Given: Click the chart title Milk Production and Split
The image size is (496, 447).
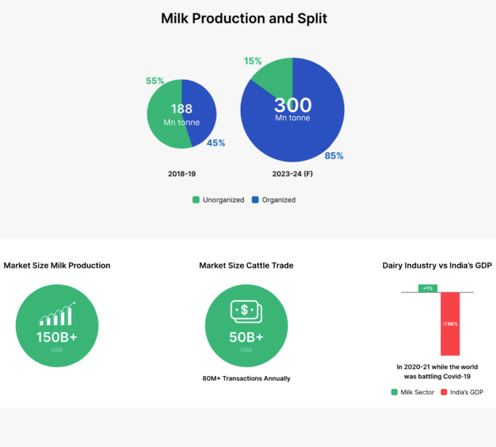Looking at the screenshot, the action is click(x=244, y=19).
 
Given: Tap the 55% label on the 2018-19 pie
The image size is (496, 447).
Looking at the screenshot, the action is click(x=155, y=81).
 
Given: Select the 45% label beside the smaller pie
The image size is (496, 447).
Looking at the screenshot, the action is click(x=216, y=143).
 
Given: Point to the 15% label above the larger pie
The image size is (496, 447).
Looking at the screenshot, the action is click(x=253, y=61).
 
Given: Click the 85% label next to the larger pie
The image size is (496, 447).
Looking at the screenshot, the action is click(x=334, y=156).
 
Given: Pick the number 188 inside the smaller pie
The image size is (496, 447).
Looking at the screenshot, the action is click(x=181, y=109).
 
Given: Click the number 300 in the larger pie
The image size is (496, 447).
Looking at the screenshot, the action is click(x=293, y=105).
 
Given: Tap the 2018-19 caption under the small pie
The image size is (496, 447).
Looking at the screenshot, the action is click(x=182, y=174).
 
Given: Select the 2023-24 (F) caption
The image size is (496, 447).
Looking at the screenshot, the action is click(x=293, y=174).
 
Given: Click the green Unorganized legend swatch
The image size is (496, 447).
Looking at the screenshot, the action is click(x=196, y=200).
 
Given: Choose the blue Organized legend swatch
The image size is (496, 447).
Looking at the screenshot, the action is click(x=255, y=200).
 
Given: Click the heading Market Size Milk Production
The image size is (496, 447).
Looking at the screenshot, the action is click(x=57, y=266).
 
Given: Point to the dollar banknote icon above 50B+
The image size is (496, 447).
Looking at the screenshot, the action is click(x=247, y=311).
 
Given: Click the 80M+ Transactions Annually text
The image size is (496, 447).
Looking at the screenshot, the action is click(x=247, y=379).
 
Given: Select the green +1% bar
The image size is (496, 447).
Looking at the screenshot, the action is click(x=428, y=288).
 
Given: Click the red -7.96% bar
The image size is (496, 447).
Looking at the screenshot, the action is click(x=450, y=324).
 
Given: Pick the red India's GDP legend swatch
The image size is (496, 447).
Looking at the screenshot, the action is click(x=444, y=392).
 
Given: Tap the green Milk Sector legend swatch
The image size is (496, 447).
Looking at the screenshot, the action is click(x=394, y=392).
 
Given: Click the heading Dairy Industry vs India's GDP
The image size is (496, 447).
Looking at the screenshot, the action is click(x=437, y=266).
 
